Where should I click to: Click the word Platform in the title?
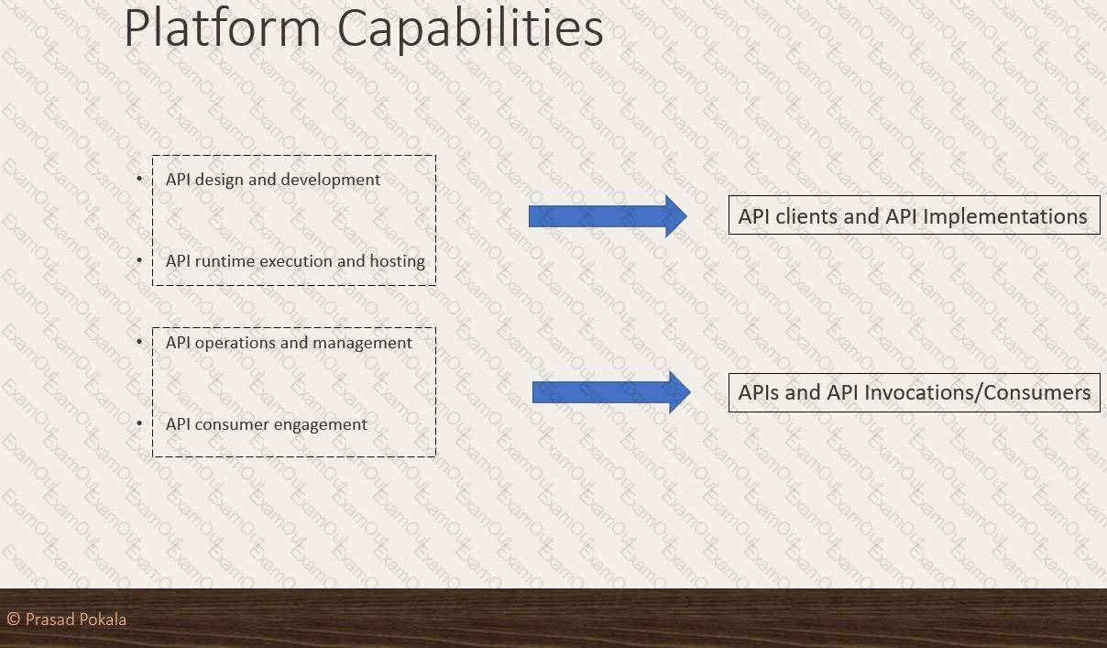[x=223, y=27]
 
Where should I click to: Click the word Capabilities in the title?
[x=470, y=29]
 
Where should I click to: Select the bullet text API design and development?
[x=273, y=180]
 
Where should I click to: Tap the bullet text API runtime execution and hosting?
[x=295, y=261]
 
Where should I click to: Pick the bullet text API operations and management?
[x=289, y=343]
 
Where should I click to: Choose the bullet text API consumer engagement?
[x=267, y=424]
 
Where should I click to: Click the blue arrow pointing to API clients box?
[x=608, y=216]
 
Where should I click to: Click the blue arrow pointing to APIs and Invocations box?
[x=611, y=392]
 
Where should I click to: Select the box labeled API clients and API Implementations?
[x=915, y=215]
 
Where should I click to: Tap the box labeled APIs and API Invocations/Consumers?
[x=915, y=392]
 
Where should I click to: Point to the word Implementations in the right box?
[x=1004, y=217]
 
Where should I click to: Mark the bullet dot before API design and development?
[x=139, y=179]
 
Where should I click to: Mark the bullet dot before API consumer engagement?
[x=139, y=423]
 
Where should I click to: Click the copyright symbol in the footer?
[x=14, y=619]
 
